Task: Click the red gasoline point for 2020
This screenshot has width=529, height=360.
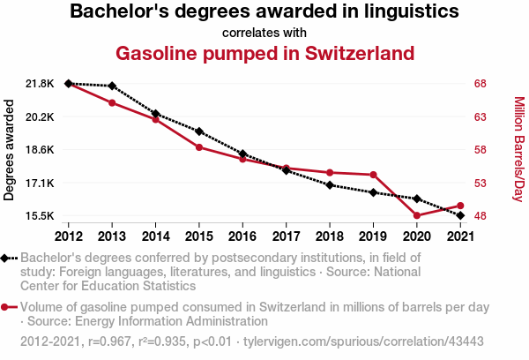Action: [x=416, y=215]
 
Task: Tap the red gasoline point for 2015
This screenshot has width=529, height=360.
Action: [x=199, y=146]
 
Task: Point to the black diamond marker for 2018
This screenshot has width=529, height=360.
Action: [x=330, y=184]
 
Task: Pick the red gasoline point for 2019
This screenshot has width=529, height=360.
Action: [x=373, y=175]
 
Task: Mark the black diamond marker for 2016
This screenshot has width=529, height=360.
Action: [x=242, y=154]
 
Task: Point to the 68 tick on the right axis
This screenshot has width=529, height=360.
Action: [x=480, y=84]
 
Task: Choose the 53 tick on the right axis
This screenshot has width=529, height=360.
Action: [x=480, y=184]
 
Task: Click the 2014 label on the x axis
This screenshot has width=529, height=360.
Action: [x=155, y=236]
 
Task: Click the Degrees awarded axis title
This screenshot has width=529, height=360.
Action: [x=10, y=149]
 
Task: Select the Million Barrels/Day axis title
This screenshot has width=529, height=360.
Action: [x=518, y=149]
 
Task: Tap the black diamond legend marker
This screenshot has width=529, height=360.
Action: [x=6, y=259]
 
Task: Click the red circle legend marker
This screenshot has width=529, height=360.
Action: [x=6, y=308]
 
